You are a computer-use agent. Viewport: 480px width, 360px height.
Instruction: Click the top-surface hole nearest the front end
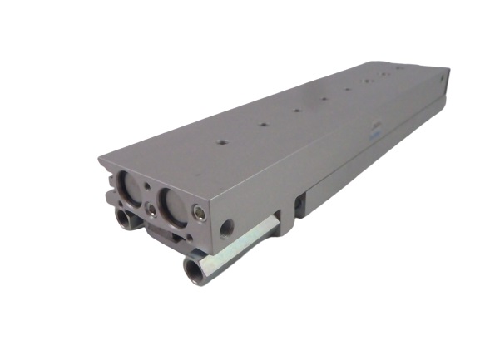point(221,142)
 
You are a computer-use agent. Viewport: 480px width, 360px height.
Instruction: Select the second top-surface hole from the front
point(262,125)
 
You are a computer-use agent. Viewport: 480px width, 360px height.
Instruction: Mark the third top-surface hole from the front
point(295,110)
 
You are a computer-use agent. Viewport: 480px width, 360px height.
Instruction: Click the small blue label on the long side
point(374,134)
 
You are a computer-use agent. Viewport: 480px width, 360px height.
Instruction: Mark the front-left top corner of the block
point(100,158)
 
